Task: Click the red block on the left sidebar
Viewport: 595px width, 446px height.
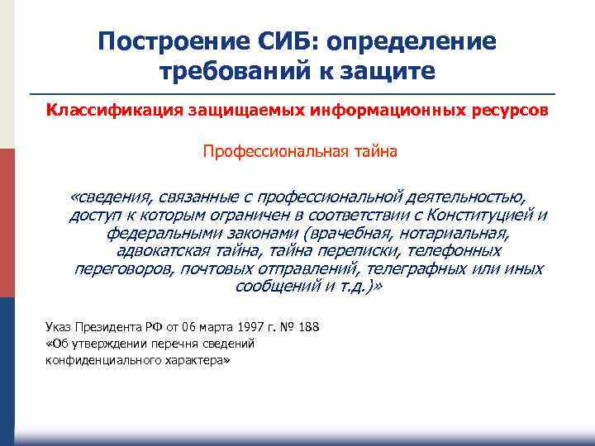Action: pos(7,223)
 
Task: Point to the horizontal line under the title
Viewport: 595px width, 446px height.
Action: pos(297,94)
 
